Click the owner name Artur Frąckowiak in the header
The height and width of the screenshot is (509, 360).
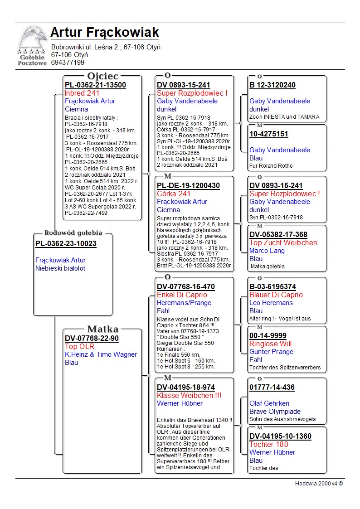(x=105, y=33)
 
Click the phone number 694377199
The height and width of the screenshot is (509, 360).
(x=68, y=63)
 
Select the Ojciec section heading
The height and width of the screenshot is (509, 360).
(x=102, y=76)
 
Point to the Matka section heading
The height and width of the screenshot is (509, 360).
(x=102, y=329)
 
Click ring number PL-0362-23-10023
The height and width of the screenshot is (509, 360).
(x=66, y=244)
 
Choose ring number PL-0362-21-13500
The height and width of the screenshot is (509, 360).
(x=95, y=85)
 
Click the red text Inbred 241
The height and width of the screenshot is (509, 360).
(x=82, y=93)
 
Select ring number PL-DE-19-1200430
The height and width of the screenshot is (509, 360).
(x=188, y=186)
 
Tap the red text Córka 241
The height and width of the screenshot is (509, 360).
(x=174, y=194)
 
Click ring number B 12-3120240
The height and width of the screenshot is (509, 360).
(x=272, y=85)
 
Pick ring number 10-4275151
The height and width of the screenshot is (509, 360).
(x=269, y=134)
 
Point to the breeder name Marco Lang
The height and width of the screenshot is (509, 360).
(x=267, y=251)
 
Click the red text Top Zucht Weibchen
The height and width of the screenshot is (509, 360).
(x=283, y=243)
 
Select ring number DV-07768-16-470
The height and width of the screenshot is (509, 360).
(x=186, y=287)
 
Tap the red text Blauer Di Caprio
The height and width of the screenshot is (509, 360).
(x=276, y=295)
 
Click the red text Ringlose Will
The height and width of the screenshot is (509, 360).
(x=270, y=344)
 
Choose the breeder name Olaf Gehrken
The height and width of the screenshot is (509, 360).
(x=269, y=403)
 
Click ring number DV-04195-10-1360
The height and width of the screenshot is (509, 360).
(x=280, y=436)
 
